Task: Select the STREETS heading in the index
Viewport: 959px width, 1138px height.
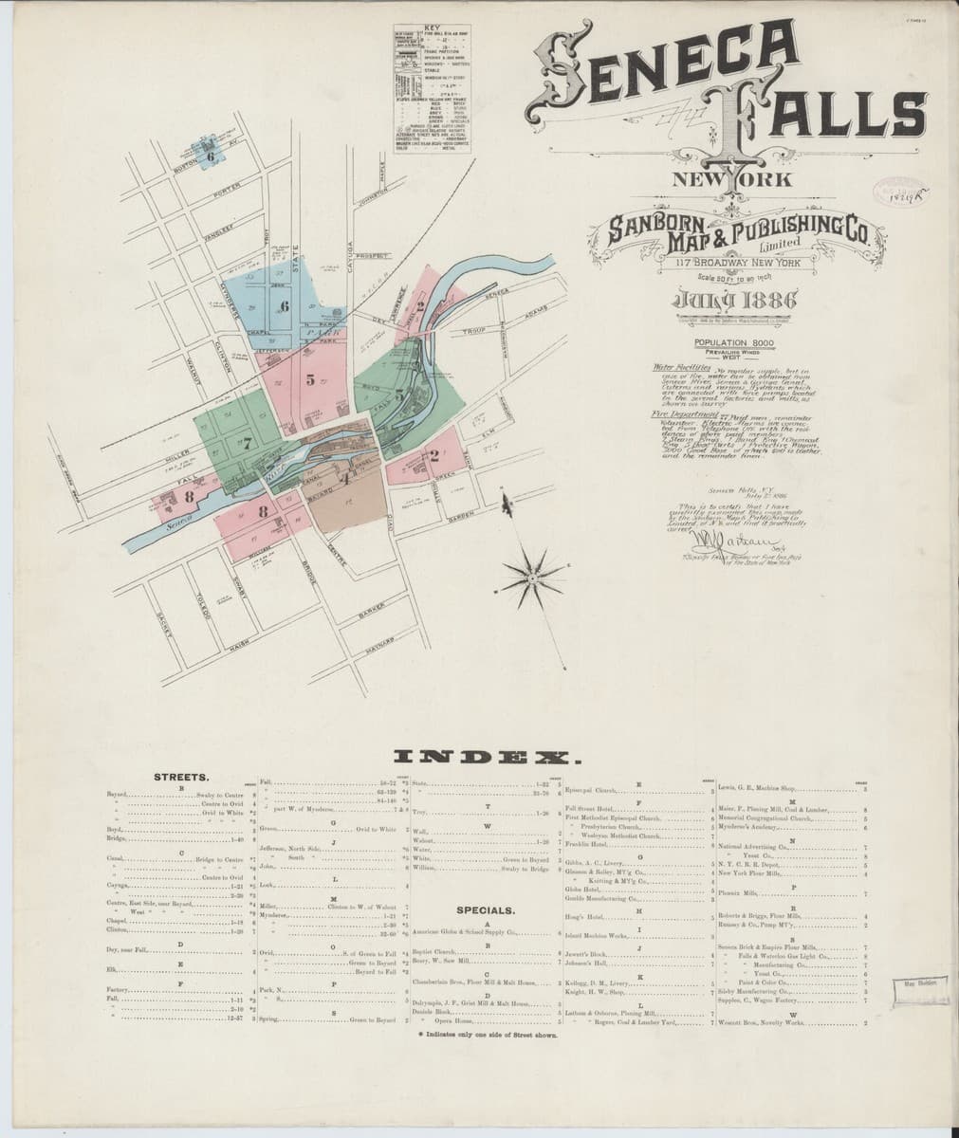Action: pos(188,777)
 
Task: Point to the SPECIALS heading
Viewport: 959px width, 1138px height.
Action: pos(486,910)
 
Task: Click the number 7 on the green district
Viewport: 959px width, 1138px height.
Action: pos(246,442)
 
